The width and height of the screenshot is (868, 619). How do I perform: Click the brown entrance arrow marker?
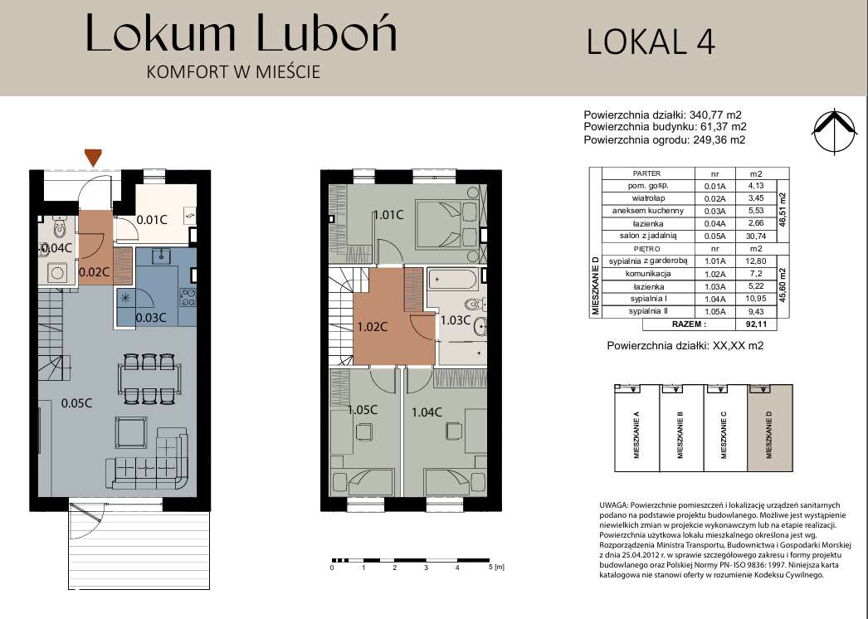point(93,158)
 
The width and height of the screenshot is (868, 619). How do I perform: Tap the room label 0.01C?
point(152,220)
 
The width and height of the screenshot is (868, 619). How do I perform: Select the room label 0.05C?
point(76,403)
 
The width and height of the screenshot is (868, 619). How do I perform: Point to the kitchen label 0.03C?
point(151,318)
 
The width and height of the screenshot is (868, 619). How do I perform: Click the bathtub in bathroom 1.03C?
point(453,280)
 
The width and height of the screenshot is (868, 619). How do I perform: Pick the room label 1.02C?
point(372,327)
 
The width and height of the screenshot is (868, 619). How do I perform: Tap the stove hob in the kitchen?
point(188,297)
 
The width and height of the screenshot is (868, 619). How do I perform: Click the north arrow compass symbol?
point(834,131)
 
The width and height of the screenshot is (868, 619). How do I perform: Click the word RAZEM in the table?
point(689,324)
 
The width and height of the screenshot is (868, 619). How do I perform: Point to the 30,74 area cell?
point(756,236)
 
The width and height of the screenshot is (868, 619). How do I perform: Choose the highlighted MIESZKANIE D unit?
point(770,428)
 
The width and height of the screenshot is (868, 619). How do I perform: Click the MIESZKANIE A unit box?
point(636,428)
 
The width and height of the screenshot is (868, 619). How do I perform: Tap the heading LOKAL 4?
point(651,42)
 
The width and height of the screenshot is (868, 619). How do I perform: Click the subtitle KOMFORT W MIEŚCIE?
point(233,72)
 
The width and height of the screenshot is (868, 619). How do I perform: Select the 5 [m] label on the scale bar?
point(496,568)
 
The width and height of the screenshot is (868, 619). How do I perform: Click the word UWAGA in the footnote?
point(612,505)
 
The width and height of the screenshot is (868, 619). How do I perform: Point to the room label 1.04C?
point(427,412)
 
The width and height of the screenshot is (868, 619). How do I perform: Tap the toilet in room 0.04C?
point(58,227)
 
